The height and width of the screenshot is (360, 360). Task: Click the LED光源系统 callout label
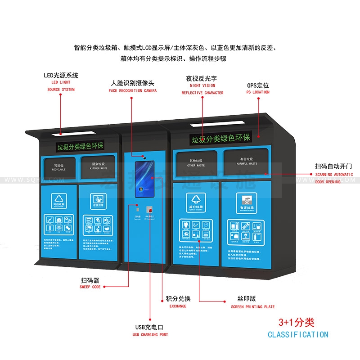point(61,76)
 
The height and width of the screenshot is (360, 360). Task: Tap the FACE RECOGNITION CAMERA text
point(133,90)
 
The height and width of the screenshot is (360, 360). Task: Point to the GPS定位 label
point(258,85)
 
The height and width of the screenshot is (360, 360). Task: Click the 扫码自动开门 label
point(333,166)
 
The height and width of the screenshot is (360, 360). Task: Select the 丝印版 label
point(247,299)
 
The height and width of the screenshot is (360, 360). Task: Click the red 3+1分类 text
point(297,323)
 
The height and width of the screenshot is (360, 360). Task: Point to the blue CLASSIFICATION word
point(298,335)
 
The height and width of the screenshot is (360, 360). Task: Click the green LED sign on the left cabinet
point(80,147)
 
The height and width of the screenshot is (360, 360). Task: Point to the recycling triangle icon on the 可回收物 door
point(59,198)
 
